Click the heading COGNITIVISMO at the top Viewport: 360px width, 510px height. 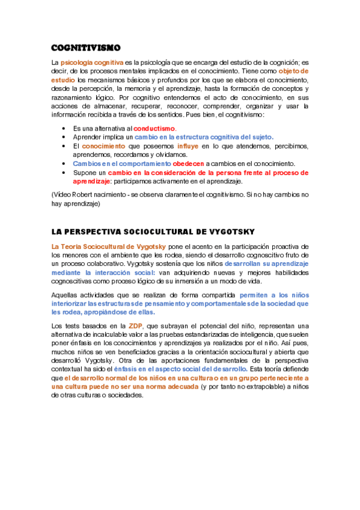tap(86, 48)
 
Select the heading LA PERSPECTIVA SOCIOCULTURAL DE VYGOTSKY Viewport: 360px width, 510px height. tap(153, 232)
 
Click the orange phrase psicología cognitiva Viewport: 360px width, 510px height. tap(92, 63)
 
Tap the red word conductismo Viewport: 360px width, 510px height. tap(154, 129)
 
